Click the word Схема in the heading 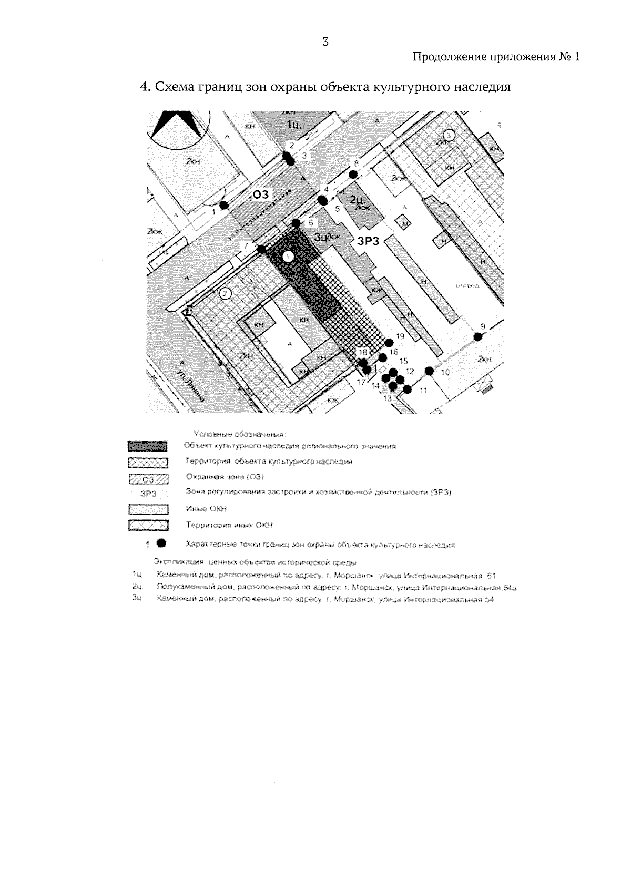coord(171,87)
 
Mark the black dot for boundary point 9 coord(478,337)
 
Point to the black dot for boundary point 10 coord(429,371)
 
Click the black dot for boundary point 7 coord(261,249)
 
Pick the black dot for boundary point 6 coord(296,223)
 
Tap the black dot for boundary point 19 coord(389,343)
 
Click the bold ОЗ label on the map coord(261,195)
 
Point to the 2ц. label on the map coord(358,199)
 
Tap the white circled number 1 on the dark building coord(288,257)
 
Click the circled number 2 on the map coord(225,293)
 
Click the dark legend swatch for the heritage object coord(148,447)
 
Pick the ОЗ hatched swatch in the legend coord(148,479)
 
